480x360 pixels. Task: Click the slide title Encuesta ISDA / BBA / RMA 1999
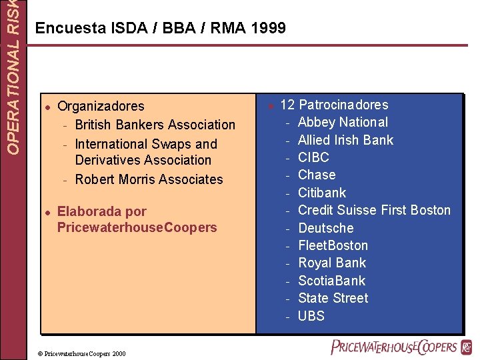tap(160, 28)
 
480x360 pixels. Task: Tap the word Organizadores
tap(101, 106)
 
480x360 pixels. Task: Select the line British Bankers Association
tap(155, 125)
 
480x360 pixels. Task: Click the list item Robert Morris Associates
tap(149, 179)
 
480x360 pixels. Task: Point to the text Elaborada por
tap(102, 212)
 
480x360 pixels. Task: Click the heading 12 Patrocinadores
tap(334, 105)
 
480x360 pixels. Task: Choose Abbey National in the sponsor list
tap(343, 122)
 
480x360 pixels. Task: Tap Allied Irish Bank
tap(345, 140)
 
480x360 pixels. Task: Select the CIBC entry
tap(313, 157)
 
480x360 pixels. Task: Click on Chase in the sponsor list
tap(317, 175)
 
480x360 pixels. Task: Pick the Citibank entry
tap(322, 193)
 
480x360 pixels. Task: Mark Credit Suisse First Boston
tap(374, 210)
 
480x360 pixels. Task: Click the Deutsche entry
tap(325, 228)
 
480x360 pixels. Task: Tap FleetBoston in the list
tap(333, 245)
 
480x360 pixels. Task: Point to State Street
tap(333, 298)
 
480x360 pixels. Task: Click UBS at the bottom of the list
tap(311, 316)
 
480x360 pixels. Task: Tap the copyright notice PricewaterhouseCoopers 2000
tap(81, 353)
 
